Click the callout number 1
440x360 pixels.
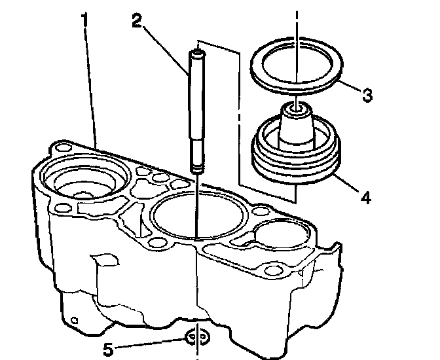click(84, 20)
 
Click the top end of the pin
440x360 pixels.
click(194, 50)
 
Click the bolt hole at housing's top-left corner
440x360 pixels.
click(62, 147)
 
